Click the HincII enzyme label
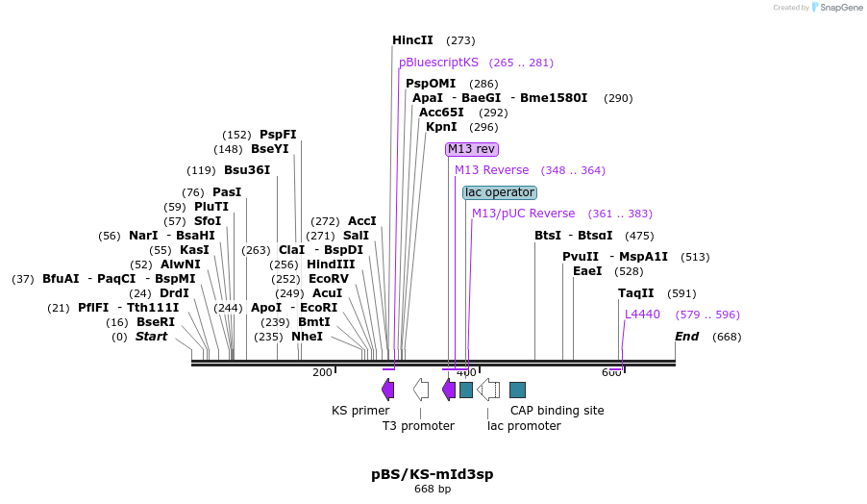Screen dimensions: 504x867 [412, 40]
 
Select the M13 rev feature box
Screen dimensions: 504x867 [472, 149]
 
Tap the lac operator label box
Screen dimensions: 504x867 [499, 192]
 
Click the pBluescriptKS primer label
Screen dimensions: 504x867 [438, 63]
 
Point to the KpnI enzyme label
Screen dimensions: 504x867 [441, 127]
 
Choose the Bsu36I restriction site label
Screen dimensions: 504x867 [247, 170]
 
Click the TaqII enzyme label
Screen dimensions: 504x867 [635, 293]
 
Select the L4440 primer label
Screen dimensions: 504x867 [642, 315]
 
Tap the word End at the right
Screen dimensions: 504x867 [686, 337]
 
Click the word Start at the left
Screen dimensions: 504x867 [151, 337]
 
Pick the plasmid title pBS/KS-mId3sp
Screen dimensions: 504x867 [433, 474]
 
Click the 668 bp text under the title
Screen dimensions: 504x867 [433, 490]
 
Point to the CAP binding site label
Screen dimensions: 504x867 [557, 411]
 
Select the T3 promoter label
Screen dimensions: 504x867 [418, 426]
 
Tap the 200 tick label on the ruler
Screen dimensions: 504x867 [322, 372]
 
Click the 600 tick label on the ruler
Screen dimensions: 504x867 [611, 372]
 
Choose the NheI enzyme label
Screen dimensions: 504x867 [307, 337]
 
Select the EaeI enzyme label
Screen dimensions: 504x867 [587, 271]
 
